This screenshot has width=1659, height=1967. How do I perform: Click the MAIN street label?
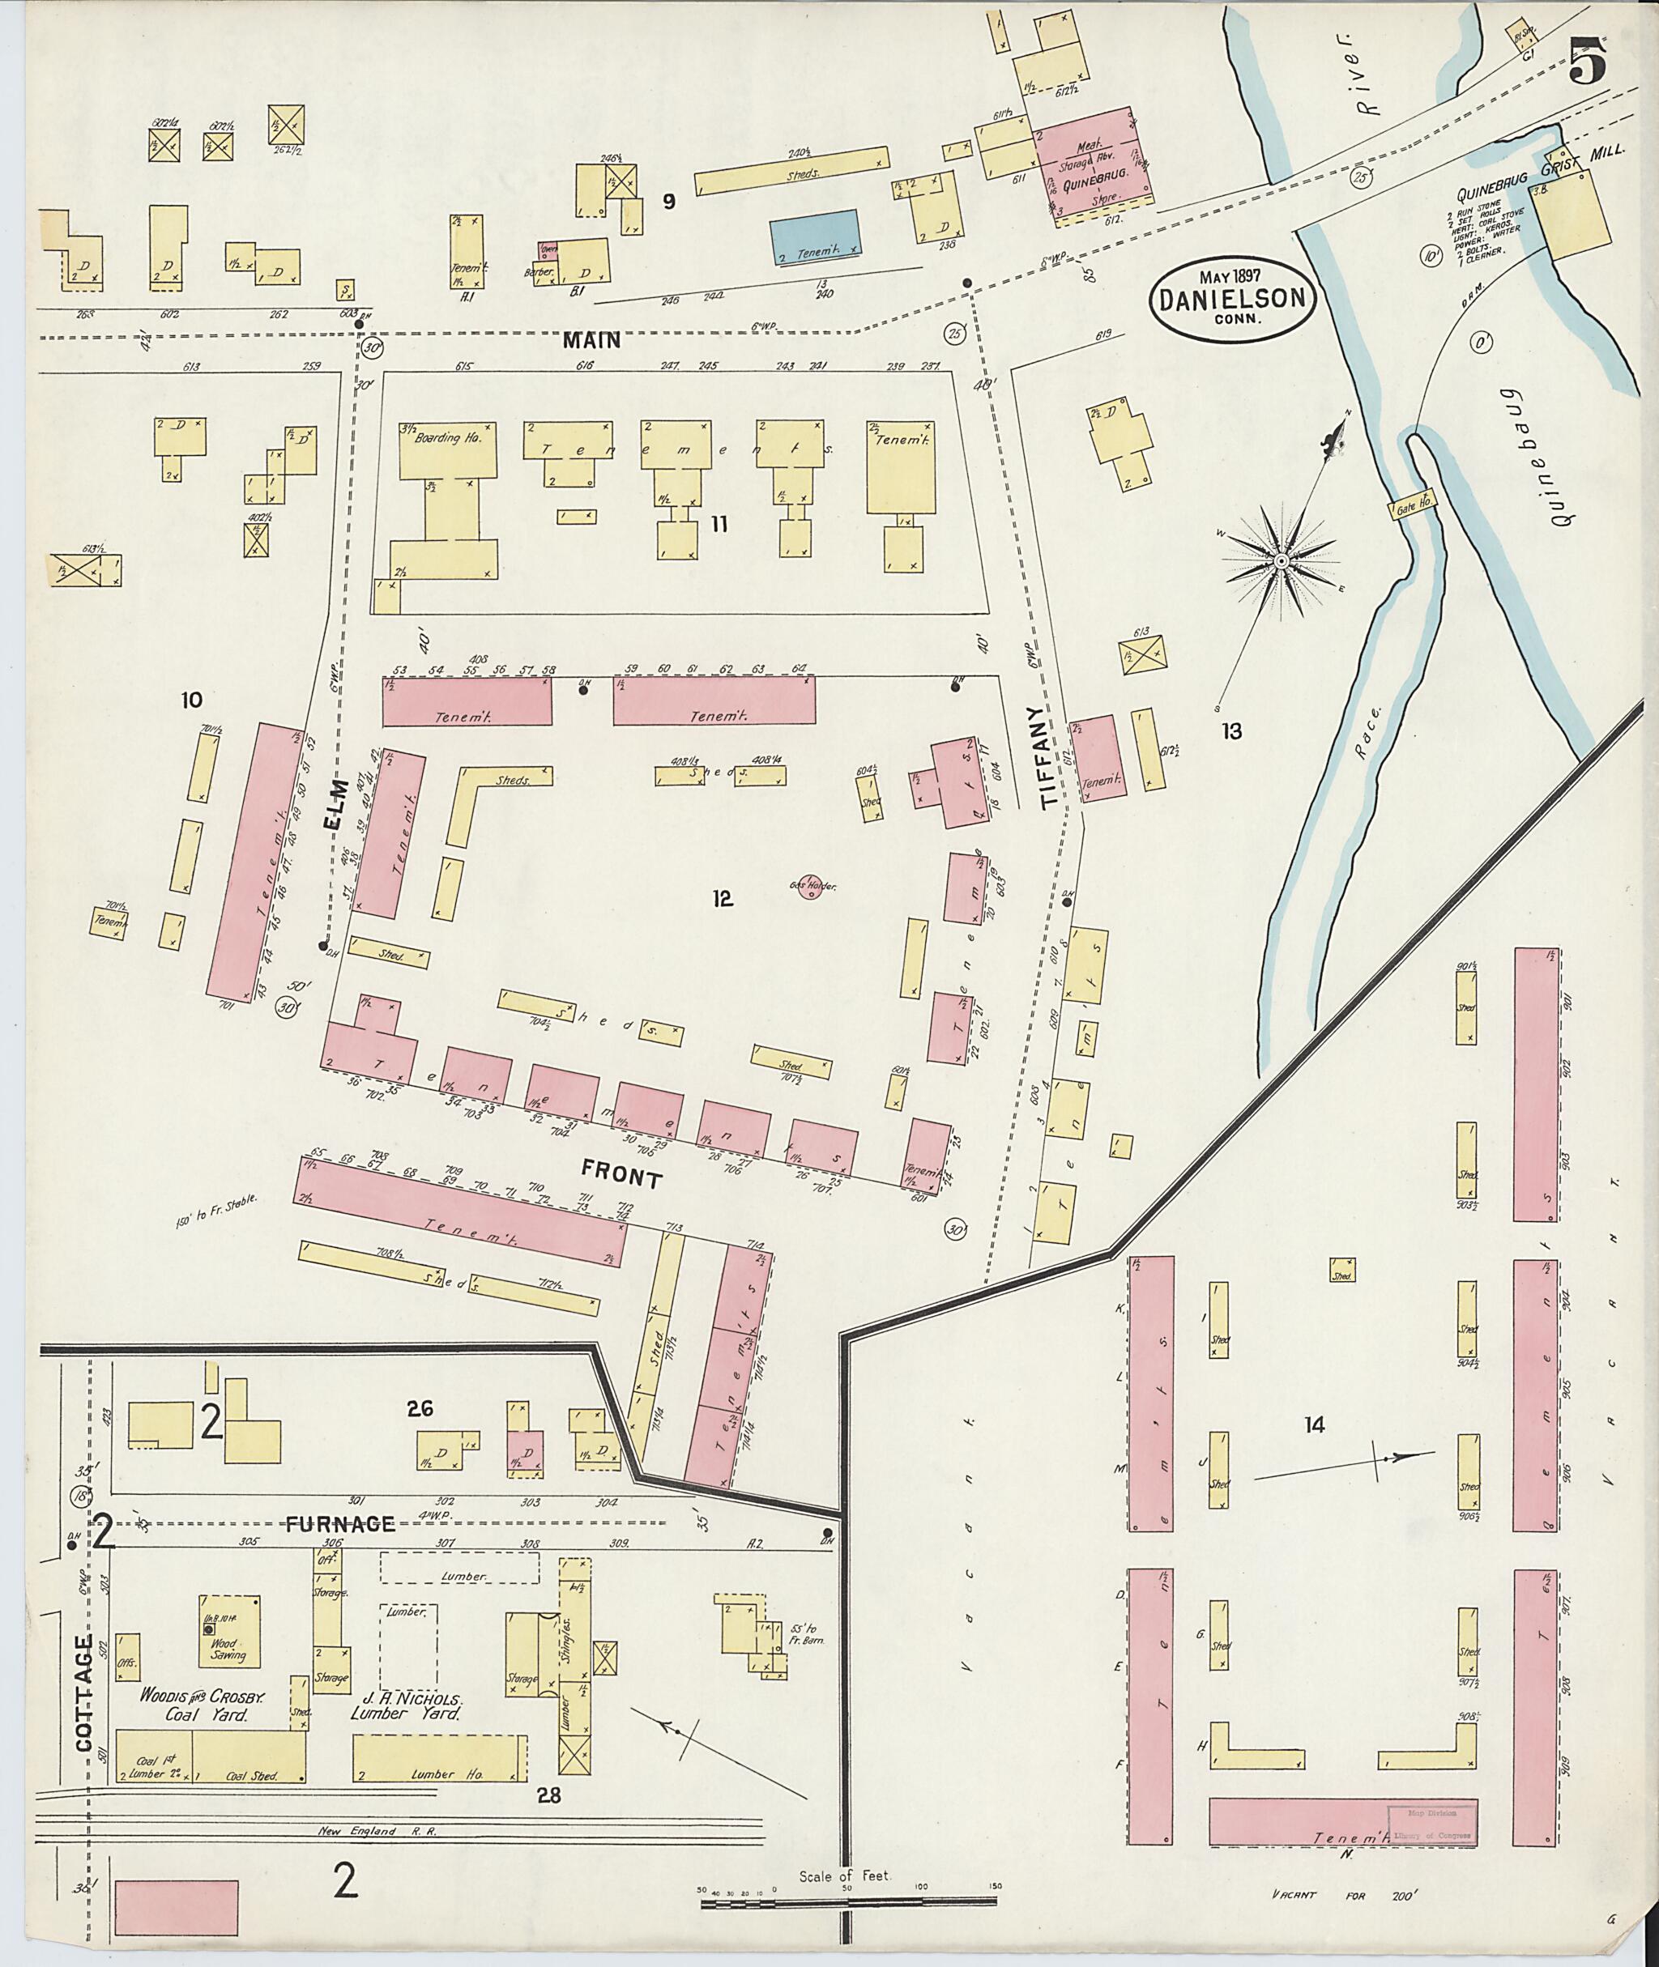(592, 340)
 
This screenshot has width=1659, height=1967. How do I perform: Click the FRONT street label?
(621, 1175)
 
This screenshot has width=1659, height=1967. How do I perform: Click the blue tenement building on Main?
(814, 235)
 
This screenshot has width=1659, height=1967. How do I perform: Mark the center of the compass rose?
(1280, 561)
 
